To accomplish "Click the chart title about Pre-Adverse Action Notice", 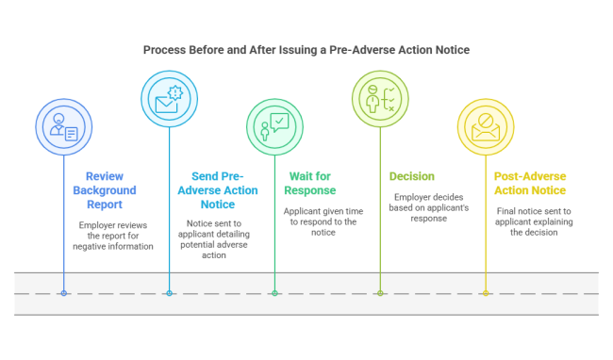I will point(306,49).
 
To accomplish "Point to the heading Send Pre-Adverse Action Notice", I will point(217,190).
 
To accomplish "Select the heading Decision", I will point(412,175).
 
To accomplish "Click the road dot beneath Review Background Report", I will point(64,293).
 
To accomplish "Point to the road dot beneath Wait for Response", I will point(275,293).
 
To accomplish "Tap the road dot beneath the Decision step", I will point(380,293).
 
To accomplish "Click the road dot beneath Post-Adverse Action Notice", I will point(486,293).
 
